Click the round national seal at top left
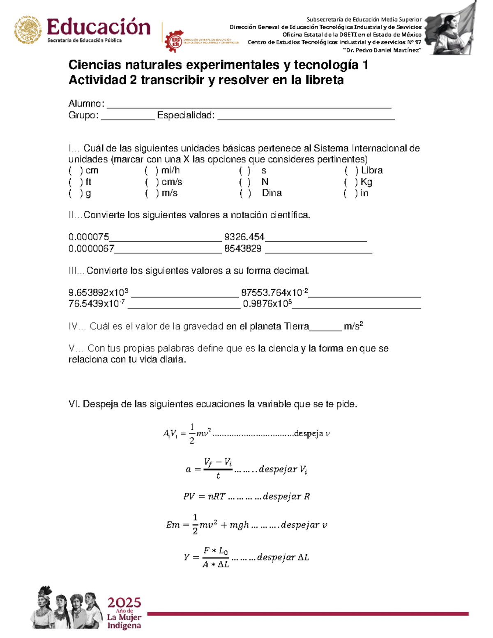pos(28,30)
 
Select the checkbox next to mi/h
pos(152,170)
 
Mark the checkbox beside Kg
pos(351,182)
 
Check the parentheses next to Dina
pos(246,193)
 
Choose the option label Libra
pos(372,170)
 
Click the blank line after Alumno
pos(249,106)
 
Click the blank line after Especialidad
pos(306,118)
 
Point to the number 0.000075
pos(89,237)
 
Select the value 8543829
pos(243,249)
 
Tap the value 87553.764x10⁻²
pos(274,293)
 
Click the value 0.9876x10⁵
pos(267,304)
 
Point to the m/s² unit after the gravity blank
pos(353,326)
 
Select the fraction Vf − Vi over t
pos(218,468)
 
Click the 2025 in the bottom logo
pos(124,603)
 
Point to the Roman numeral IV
pos(74,327)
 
